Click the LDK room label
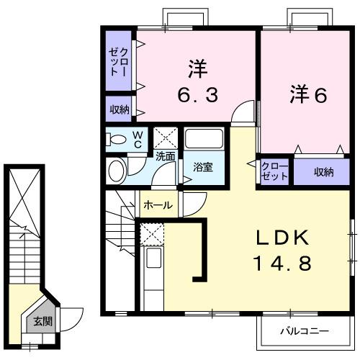coord(282,238)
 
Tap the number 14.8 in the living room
coord(282,264)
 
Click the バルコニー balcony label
coord(304,331)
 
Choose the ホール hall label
coord(158,205)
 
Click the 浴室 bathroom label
coord(202,168)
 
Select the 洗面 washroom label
coord(166,156)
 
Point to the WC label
coord(136,139)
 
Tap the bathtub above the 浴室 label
coord(204,138)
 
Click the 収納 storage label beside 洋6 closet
coord(323,171)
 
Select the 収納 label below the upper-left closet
coord(120,109)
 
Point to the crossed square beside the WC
coord(166,137)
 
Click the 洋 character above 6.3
coord(197,70)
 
